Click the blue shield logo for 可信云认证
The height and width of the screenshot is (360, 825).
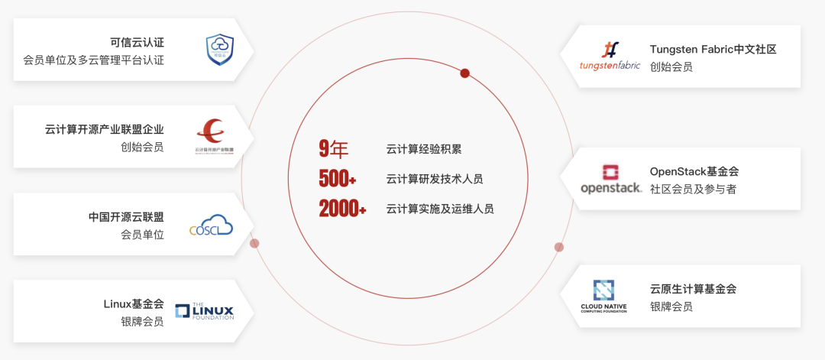(x=219, y=49)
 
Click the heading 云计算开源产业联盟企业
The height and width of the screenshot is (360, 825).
(x=105, y=129)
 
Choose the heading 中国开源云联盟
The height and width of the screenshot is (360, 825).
(x=126, y=217)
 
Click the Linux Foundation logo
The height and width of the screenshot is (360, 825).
(x=204, y=310)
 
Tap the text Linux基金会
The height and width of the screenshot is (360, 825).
(x=134, y=303)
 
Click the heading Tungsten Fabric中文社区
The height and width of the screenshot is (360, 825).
(x=713, y=49)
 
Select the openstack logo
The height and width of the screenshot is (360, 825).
(x=610, y=179)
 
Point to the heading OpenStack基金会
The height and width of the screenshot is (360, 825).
(x=694, y=171)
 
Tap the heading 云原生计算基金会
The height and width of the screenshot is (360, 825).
(x=693, y=289)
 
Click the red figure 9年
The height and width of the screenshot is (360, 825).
(x=333, y=149)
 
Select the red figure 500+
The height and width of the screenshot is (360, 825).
(x=337, y=179)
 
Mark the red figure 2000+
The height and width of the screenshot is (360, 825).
(x=342, y=208)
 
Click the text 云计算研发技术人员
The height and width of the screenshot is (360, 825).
(x=434, y=179)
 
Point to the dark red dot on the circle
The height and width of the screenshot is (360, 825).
(x=464, y=73)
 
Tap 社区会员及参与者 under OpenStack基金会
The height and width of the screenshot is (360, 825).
(x=693, y=190)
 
